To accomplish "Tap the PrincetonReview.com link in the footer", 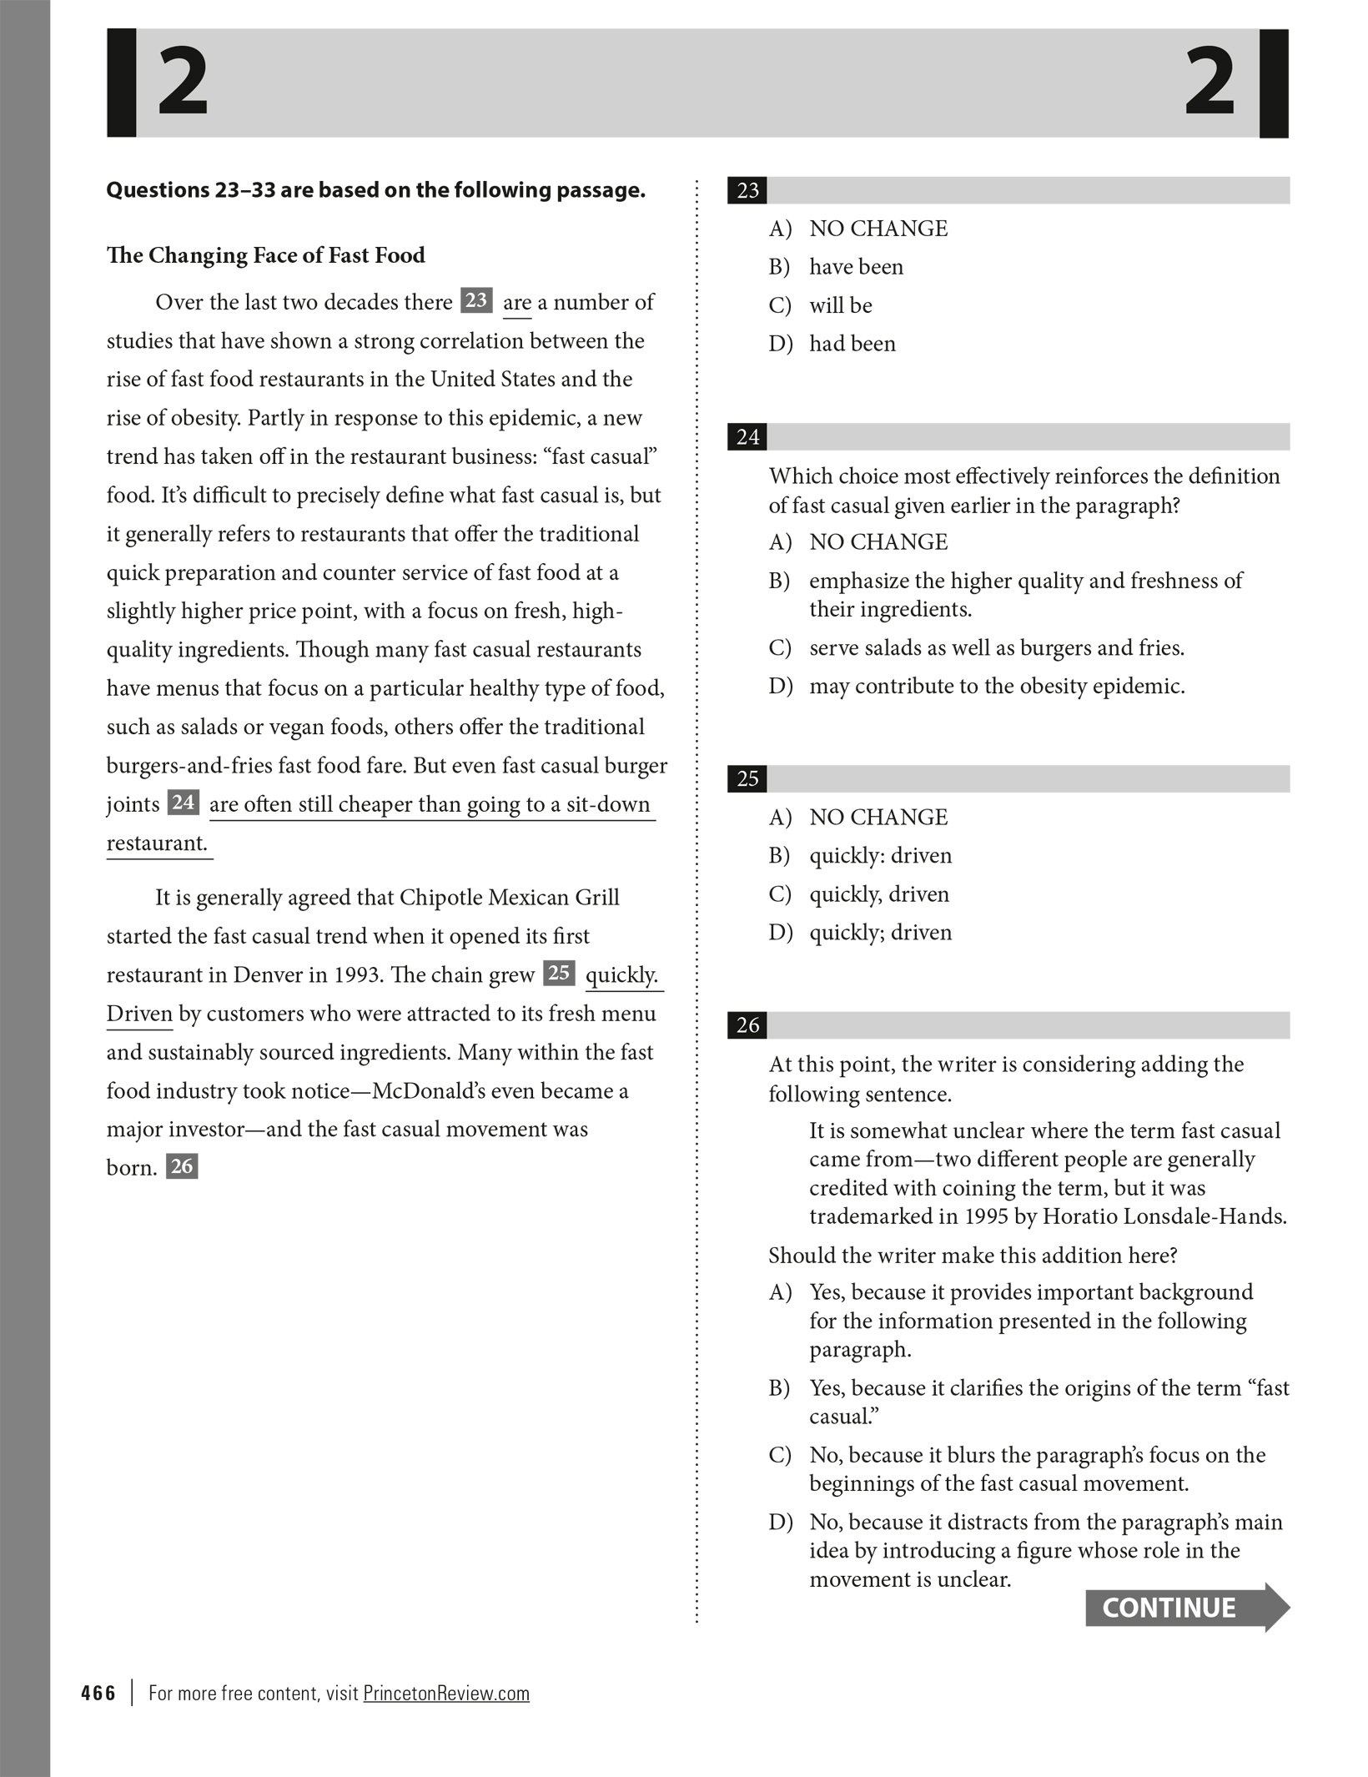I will point(446,1693).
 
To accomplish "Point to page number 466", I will point(98,1693).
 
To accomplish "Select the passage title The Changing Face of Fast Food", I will point(265,255).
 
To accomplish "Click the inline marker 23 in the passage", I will point(476,300).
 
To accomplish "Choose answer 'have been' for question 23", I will point(856,267).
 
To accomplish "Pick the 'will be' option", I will point(840,305).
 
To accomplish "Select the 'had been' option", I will point(852,344).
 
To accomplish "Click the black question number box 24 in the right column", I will point(747,437).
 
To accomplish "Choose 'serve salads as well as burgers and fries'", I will point(996,648).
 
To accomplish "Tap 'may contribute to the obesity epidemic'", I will point(996,687).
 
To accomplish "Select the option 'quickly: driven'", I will point(880,856).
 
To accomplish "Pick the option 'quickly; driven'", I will point(880,933).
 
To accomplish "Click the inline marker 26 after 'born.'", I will point(182,1165).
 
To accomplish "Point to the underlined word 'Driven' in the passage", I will point(139,1014).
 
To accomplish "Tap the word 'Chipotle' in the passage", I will point(440,898).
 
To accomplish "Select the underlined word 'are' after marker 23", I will point(516,303).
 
